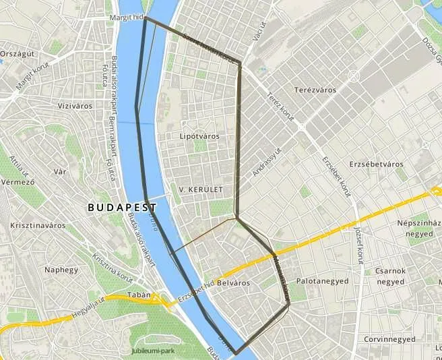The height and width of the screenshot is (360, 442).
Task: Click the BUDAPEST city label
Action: click(x=122, y=208)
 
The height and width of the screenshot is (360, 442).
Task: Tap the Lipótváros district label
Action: click(x=200, y=136)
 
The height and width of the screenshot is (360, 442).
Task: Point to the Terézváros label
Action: click(x=315, y=90)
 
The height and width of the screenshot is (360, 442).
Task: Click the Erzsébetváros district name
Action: click(x=376, y=164)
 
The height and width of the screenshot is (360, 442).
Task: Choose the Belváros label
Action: click(x=232, y=283)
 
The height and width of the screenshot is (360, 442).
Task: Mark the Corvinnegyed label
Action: click(x=387, y=340)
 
